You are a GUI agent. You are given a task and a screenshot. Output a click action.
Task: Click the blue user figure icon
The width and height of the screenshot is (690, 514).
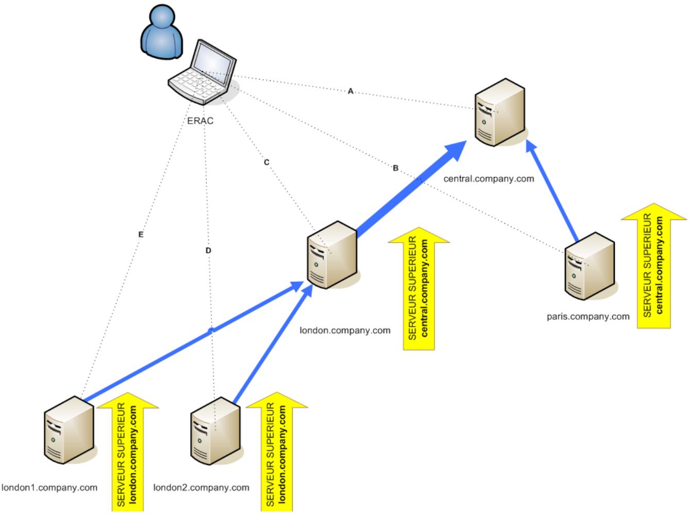coord(162,32)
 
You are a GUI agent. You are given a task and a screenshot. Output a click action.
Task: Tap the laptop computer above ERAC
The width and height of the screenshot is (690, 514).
coord(202,73)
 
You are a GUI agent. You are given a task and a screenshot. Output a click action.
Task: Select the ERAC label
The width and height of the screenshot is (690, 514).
coord(200,121)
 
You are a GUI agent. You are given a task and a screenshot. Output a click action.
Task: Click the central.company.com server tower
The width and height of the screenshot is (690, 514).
coord(500,112)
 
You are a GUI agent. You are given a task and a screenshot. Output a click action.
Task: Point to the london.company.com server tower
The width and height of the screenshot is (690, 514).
coord(332,255)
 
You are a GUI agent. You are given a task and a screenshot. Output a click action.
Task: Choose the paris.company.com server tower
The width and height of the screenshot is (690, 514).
coord(590,266)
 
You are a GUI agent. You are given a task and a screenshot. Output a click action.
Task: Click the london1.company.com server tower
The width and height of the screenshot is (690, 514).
coord(69,430)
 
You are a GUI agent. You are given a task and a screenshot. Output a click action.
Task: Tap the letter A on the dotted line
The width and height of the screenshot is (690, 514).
coord(350,92)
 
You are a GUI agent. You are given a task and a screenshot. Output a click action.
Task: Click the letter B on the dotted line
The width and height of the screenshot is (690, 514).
coord(396,168)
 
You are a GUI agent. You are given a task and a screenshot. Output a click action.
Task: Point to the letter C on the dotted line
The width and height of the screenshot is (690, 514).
coord(266,162)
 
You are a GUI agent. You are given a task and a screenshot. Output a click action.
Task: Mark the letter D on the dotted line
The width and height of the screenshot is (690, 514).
coord(208,250)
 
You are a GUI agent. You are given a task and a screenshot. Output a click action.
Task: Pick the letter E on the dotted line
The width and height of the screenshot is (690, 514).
coord(141,234)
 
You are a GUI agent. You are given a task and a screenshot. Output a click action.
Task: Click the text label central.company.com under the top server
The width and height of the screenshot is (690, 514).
coord(489,179)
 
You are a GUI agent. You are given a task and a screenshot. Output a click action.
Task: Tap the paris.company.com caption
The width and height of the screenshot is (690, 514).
coord(588,317)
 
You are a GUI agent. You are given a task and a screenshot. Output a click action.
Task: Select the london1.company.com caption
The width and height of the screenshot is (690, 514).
coord(49,488)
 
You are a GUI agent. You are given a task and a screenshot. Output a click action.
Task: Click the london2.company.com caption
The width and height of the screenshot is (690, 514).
coord(201,488)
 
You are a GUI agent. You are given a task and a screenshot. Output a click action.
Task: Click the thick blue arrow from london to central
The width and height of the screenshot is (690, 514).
coord(411,188)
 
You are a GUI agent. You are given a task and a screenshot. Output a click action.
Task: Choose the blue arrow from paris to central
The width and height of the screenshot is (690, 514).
coord(552,191)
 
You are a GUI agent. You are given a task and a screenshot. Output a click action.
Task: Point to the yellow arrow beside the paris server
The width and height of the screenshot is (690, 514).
coord(654,266)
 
